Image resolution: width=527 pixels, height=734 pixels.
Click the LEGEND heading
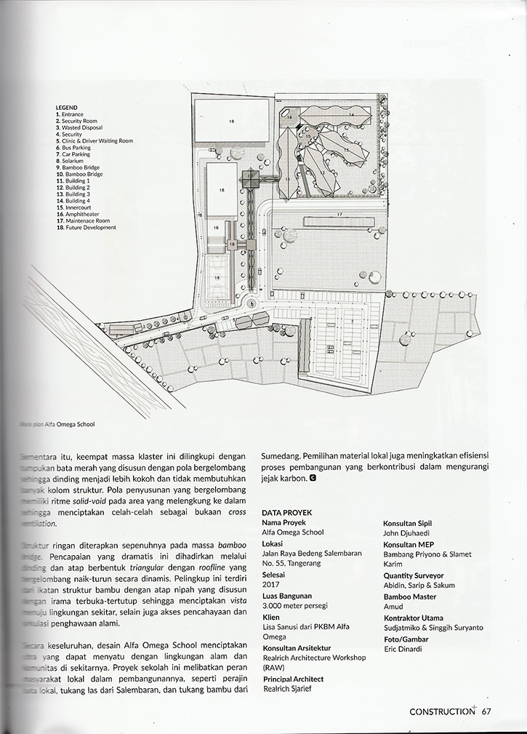(x=66, y=107)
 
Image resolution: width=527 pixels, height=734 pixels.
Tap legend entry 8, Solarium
(x=70, y=161)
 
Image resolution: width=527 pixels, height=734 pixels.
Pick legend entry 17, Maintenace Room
(x=83, y=220)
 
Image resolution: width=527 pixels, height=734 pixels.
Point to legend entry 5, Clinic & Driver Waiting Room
(x=94, y=140)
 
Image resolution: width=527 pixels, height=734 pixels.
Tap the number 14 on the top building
(x=350, y=115)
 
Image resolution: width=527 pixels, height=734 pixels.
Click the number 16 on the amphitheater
(x=288, y=117)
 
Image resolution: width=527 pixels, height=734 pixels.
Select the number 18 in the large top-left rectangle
(x=231, y=121)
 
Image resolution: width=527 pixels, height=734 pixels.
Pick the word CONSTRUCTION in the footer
(x=441, y=711)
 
